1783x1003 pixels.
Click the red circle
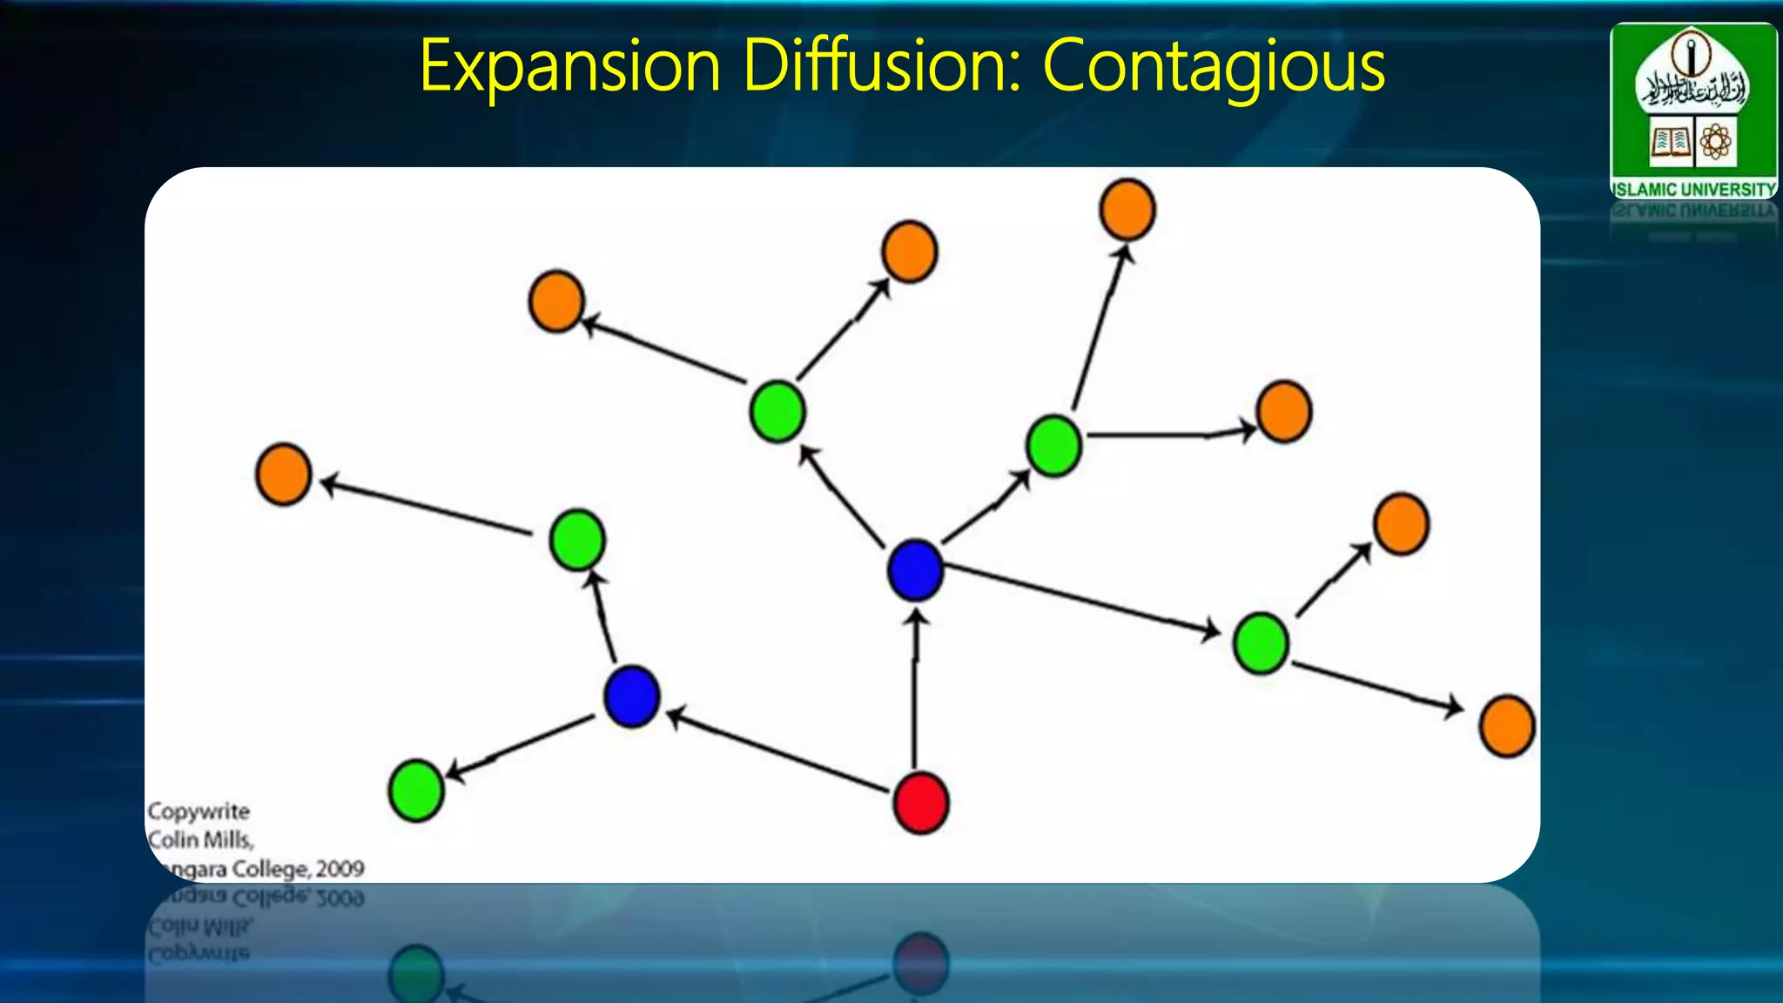click(x=921, y=803)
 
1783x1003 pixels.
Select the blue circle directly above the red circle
click(x=915, y=570)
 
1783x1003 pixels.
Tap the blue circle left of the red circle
click(x=632, y=697)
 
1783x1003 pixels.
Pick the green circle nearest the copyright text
click(x=416, y=791)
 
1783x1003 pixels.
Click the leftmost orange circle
click(x=284, y=475)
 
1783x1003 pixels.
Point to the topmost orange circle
click(x=1127, y=210)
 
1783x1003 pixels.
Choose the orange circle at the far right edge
click(x=1507, y=726)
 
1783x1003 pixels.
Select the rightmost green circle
click(x=1261, y=643)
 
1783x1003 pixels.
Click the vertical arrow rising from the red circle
click(x=915, y=688)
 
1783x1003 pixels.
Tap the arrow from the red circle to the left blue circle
click(x=779, y=751)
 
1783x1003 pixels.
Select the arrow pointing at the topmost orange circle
click(x=1099, y=326)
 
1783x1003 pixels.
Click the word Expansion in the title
click(x=569, y=66)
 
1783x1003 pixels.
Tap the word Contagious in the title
click(x=1214, y=66)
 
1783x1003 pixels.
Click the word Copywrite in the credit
click(x=198, y=811)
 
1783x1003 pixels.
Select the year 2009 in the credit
click(x=340, y=869)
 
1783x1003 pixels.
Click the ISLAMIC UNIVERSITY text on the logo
click(x=1693, y=189)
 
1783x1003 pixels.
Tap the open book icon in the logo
click(x=1670, y=142)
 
